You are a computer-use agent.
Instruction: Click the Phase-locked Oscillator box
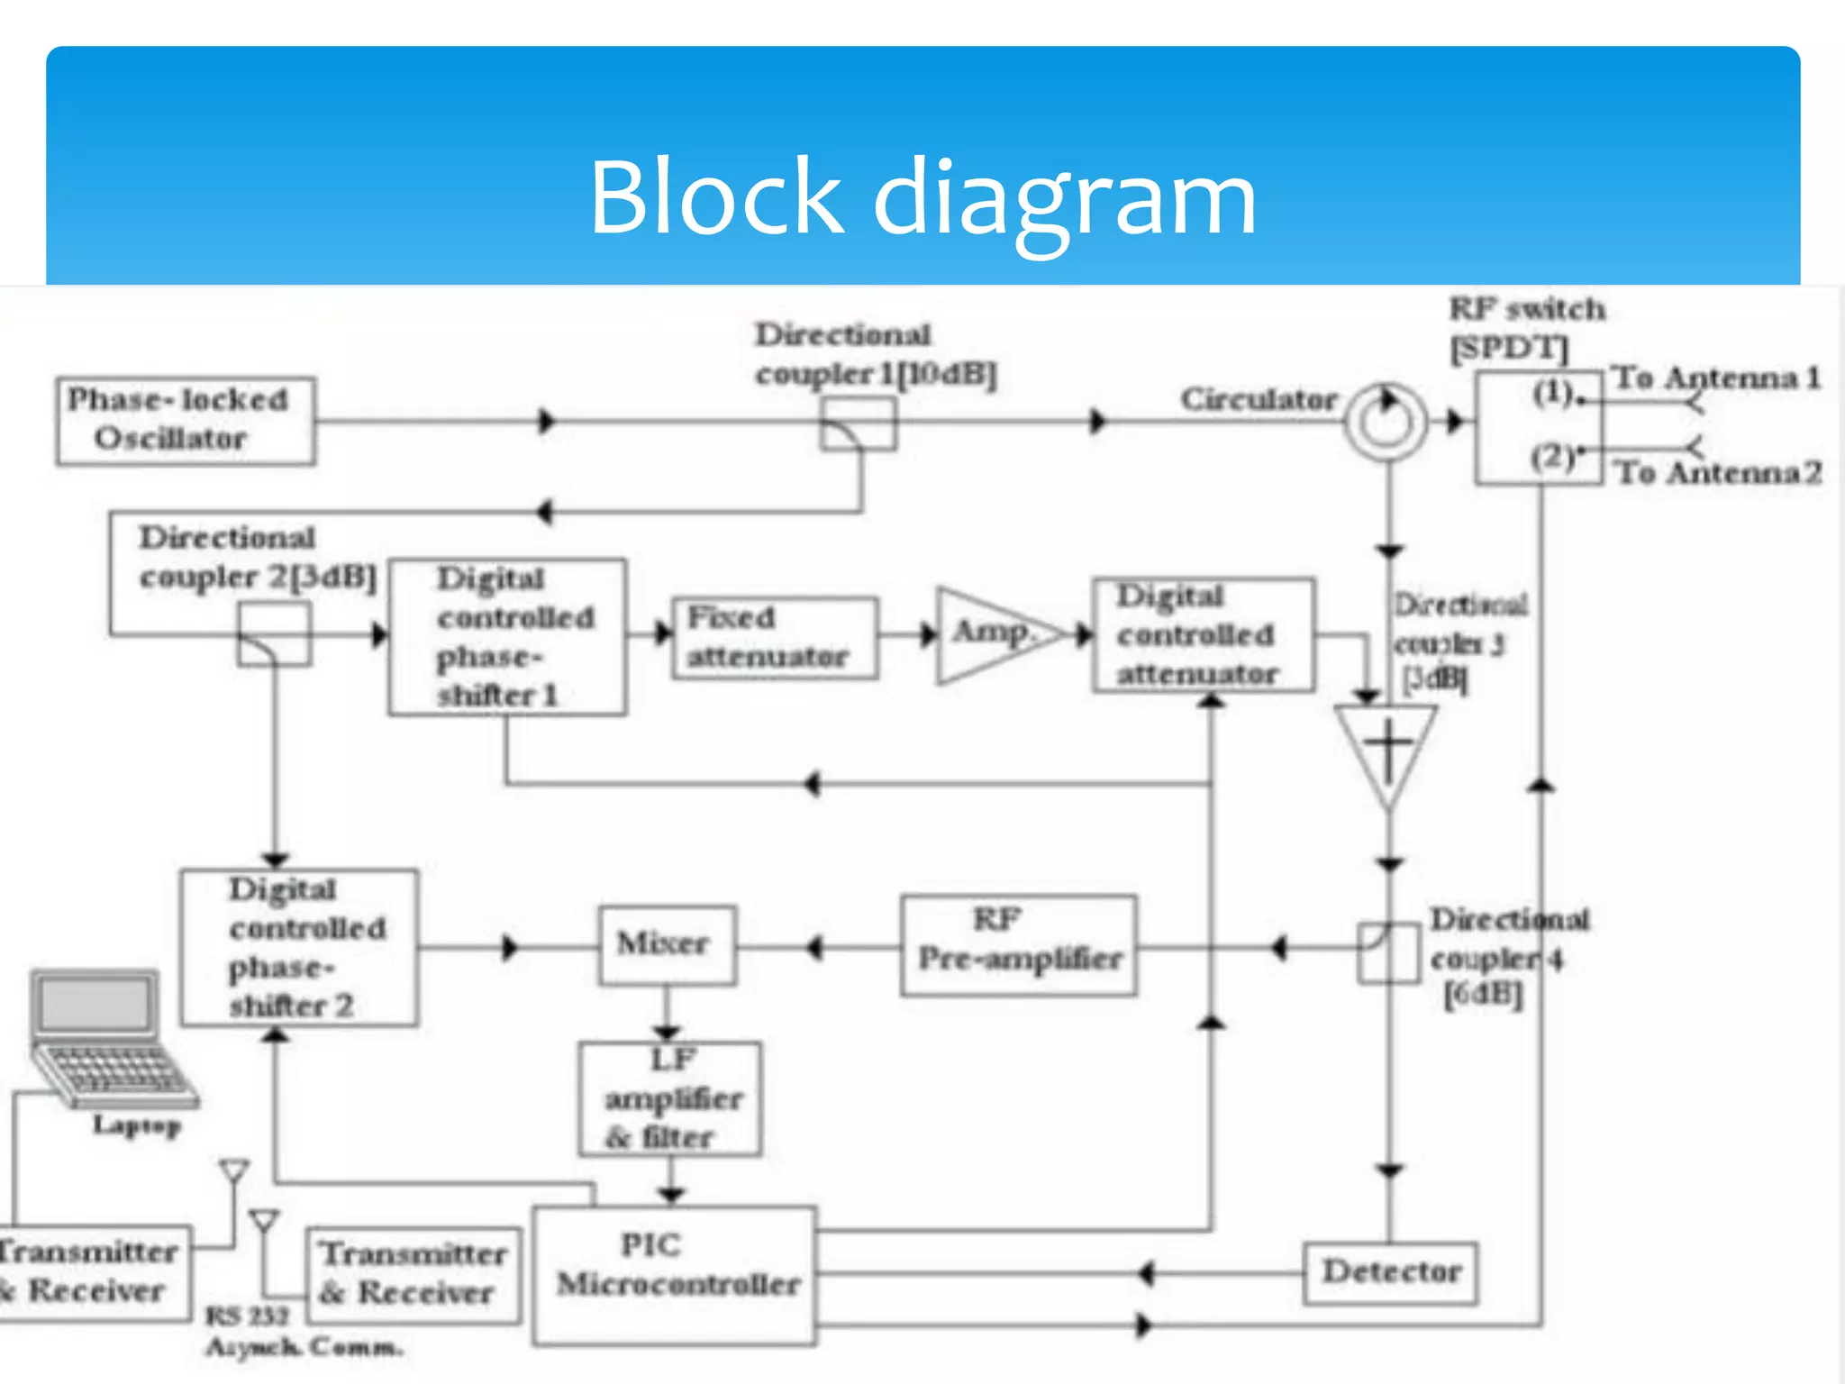click(186, 421)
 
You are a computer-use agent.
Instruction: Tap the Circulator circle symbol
click(1386, 422)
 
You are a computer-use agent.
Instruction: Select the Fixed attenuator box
click(775, 637)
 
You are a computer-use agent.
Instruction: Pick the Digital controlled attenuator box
click(1204, 635)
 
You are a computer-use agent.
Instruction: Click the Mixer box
click(668, 945)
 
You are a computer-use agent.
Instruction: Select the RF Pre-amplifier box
click(1018, 945)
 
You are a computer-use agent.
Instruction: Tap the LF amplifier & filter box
click(670, 1099)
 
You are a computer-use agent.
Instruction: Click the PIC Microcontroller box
click(675, 1275)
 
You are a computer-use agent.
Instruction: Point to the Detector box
click(1390, 1273)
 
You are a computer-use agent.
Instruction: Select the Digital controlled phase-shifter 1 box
click(507, 637)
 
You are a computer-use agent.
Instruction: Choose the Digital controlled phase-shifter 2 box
click(299, 947)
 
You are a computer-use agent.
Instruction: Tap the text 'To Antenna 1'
click(1717, 378)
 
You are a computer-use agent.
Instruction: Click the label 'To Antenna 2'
click(1717, 472)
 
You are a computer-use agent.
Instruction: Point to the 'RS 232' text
click(247, 1316)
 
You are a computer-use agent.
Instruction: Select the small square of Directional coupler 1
click(858, 424)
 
